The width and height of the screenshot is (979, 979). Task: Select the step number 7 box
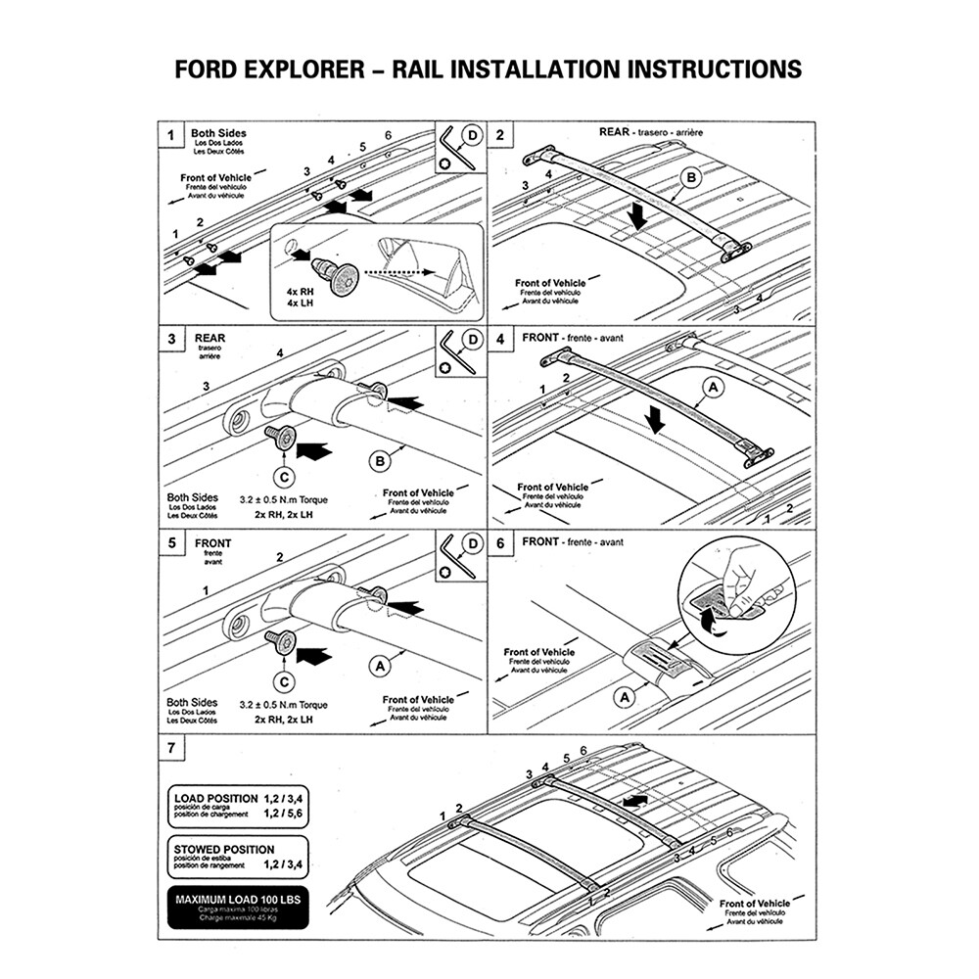point(172,749)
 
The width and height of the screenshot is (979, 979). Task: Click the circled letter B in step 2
point(691,177)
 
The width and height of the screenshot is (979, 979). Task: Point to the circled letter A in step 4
point(713,390)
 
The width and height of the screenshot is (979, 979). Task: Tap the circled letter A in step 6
point(624,696)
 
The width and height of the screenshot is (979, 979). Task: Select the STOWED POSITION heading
point(224,849)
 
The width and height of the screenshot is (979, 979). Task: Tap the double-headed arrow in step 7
point(634,801)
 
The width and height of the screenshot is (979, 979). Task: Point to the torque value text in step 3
point(284,499)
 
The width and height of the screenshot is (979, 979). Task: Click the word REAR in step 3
point(210,339)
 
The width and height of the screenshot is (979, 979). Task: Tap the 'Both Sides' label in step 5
point(192,702)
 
